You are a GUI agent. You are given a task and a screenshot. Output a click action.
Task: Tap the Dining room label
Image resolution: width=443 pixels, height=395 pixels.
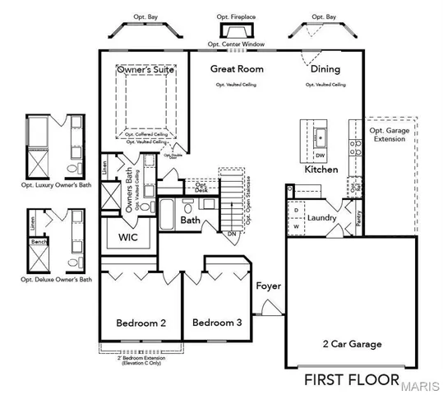pos(325,69)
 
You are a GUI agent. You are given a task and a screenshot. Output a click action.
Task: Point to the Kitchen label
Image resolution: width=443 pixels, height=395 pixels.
pos(321,169)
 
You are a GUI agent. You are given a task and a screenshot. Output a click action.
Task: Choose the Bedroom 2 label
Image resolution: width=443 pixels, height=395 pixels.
pos(141,323)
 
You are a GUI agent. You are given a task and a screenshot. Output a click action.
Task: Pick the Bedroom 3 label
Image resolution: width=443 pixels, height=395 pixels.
pos(217,323)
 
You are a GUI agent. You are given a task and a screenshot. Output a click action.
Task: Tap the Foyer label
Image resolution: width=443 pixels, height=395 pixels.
pos(268,286)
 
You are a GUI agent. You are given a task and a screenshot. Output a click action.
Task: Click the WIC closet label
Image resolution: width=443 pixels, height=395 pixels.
pos(127,238)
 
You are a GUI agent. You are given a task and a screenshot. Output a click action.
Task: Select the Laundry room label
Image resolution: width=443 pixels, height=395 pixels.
pos(322,217)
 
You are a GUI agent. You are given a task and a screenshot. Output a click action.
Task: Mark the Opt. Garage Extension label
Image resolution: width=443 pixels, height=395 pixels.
pos(390,134)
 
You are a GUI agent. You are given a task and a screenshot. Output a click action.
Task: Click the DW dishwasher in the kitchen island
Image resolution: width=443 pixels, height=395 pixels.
pos(320,155)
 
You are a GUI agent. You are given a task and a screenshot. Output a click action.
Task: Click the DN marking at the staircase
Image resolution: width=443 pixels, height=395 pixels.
pos(232,234)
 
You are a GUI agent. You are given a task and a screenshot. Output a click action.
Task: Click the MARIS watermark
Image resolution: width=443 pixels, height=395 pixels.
pos(421,384)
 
